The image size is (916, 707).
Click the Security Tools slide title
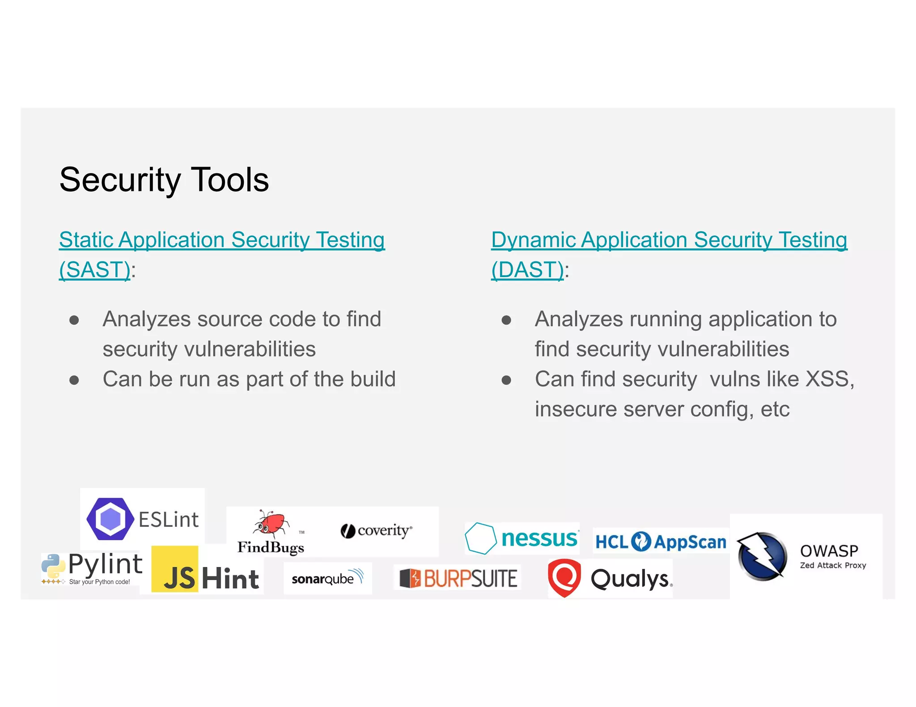coord(164,180)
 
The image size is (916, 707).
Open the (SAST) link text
coord(95,269)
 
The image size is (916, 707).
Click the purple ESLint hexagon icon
coord(110,519)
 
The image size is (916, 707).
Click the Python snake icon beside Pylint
coord(53,566)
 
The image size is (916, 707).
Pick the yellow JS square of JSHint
coord(175,569)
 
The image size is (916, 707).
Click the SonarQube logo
coord(327,579)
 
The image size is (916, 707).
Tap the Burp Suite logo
coord(458,578)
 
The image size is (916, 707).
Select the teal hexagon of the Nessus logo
coord(480,538)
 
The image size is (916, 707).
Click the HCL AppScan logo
coord(661,542)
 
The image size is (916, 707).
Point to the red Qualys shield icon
coord(564,577)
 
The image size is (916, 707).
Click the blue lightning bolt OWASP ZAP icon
coord(762,556)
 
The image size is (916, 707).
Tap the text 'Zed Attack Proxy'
coord(833,565)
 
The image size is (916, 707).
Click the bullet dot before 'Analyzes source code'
coord(74,320)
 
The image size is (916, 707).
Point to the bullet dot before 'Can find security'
coord(506,380)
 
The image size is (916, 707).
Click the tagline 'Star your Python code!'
coord(99,582)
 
